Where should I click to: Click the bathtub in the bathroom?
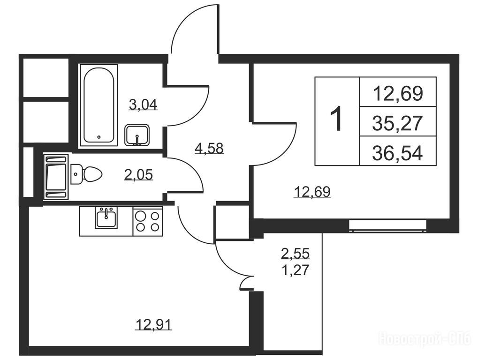[x=99, y=105]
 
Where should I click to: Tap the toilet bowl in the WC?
[x=86, y=174]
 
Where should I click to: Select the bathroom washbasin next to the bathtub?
[x=137, y=135]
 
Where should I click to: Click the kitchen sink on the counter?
[x=106, y=217]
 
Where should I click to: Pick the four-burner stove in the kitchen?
[x=148, y=221]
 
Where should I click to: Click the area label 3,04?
[x=143, y=105]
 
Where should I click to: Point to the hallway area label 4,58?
[x=209, y=149]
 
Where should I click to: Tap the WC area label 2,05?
[x=138, y=175]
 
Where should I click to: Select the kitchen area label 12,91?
[x=154, y=325]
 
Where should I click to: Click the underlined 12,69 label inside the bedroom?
[x=312, y=192]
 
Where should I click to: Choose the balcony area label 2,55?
[x=296, y=253]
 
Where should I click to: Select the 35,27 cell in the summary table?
[x=397, y=122]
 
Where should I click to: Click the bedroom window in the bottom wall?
[x=388, y=225]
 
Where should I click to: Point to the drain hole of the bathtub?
[x=99, y=137]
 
